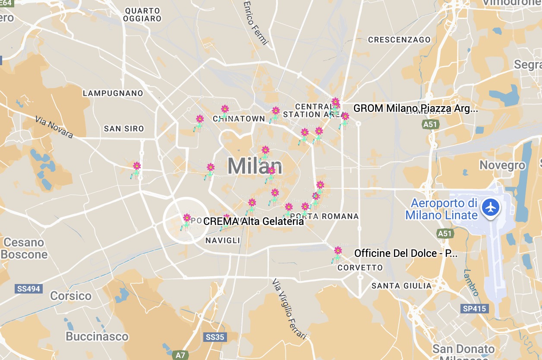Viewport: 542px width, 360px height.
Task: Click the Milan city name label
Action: (x=255, y=166)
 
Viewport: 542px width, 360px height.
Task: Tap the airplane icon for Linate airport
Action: (x=490, y=207)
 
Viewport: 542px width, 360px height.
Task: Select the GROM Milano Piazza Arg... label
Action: (x=415, y=108)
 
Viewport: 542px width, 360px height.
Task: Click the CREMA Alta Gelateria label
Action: (x=254, y=221)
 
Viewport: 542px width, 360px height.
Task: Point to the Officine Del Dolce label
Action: (x=406, y=253)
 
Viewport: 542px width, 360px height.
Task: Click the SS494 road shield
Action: (x=29, y=289)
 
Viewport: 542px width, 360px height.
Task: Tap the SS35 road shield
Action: (x=215, y=337)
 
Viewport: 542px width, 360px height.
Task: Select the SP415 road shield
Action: (x=474, y=309)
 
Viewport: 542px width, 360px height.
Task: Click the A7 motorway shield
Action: (x=180, y=355)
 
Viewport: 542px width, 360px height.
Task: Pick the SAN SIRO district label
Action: (x=124, y=129)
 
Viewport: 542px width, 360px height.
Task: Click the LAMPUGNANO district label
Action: (x=113, y=93)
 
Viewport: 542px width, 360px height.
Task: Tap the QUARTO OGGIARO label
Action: (x=142, y=14)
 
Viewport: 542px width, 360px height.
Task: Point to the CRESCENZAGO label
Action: (x=399, y=40)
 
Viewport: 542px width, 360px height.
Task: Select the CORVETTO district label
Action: (x=360, y=268)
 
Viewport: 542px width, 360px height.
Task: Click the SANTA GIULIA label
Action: (x=401, y=286)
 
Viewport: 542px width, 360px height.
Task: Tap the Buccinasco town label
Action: (x=97, y=336)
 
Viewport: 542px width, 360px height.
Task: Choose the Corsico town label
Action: (x=71, y=296)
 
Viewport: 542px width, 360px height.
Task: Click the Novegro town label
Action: (x=503, y=165)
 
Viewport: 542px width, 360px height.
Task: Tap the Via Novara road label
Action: (x=54, y=127)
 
